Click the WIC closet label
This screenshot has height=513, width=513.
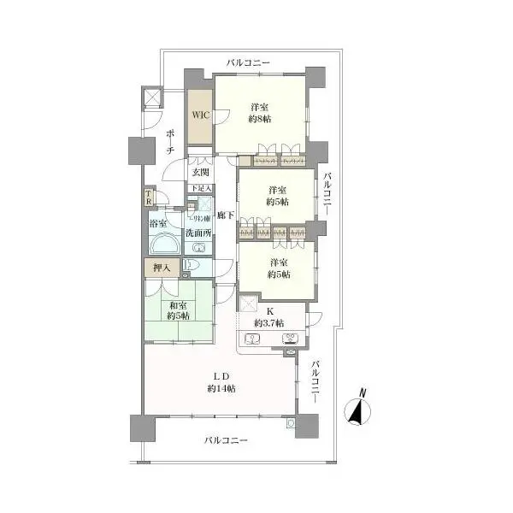click(x=199, y=115)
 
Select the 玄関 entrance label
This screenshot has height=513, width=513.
click(x=199, y=171)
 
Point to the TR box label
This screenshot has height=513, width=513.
click(x=150, y=198)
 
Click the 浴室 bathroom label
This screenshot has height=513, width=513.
click(x=159, y=224)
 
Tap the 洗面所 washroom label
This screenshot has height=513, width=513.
click(x=197, y=233)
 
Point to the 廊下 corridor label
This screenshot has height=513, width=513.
click(x=225, y=216)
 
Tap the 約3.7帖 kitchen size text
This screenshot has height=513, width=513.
click(x=269, y=323)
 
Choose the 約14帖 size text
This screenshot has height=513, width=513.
click(x=221, y=389)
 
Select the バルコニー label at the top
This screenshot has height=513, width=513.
click(x=248, y=63)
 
